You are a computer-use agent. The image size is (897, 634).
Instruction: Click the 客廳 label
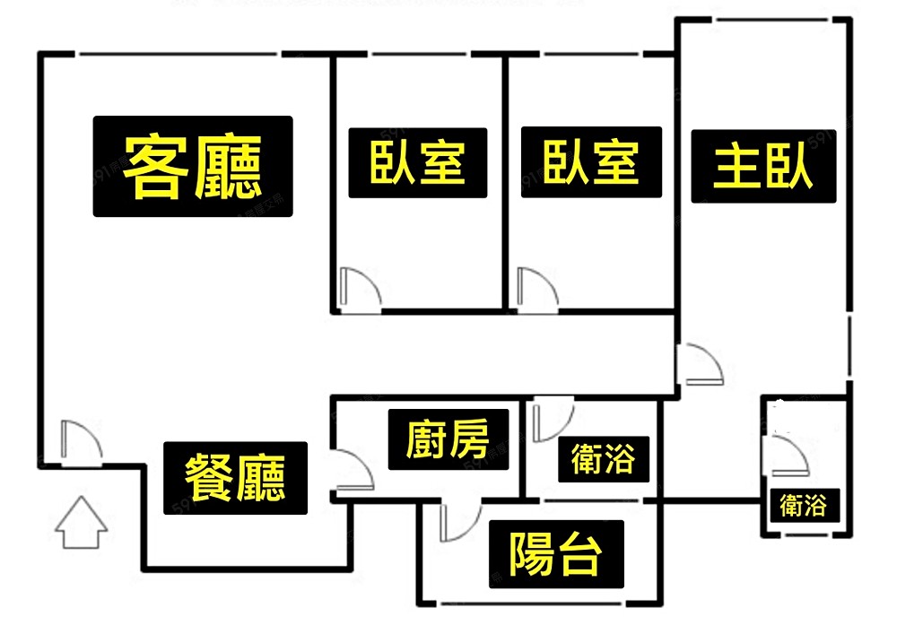pyautogui.click(x=193, y=166)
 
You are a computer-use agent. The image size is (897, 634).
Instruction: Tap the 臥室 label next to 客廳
pyautogui.click(x=418, y=162)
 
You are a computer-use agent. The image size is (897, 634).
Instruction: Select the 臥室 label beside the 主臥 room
pyautogui.click(x=592, y=162)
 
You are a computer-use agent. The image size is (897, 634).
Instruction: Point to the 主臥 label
pyautogui.click(x=763, y=166)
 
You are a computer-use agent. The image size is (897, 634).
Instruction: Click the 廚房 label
pyautogui.click(x=448, y=439)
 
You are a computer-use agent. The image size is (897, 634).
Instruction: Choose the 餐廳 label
pyautogui.click(x=235, y=477)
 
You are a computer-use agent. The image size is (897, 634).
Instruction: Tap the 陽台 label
pyautogui.click(x=555, y=555)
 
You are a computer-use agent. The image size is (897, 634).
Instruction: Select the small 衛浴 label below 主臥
pyautogui.click(x=803, y=505)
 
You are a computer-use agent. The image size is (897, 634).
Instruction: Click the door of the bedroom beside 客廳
pyautogui.click(x=359, y=287)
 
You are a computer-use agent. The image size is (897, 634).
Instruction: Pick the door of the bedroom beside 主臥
pyautogui.click(x=536, y=287)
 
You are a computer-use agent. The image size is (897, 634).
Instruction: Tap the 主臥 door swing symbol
pyautogui.click(x=701, y=365)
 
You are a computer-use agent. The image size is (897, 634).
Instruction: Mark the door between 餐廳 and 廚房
pyautogui.click(x=350, y=470)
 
